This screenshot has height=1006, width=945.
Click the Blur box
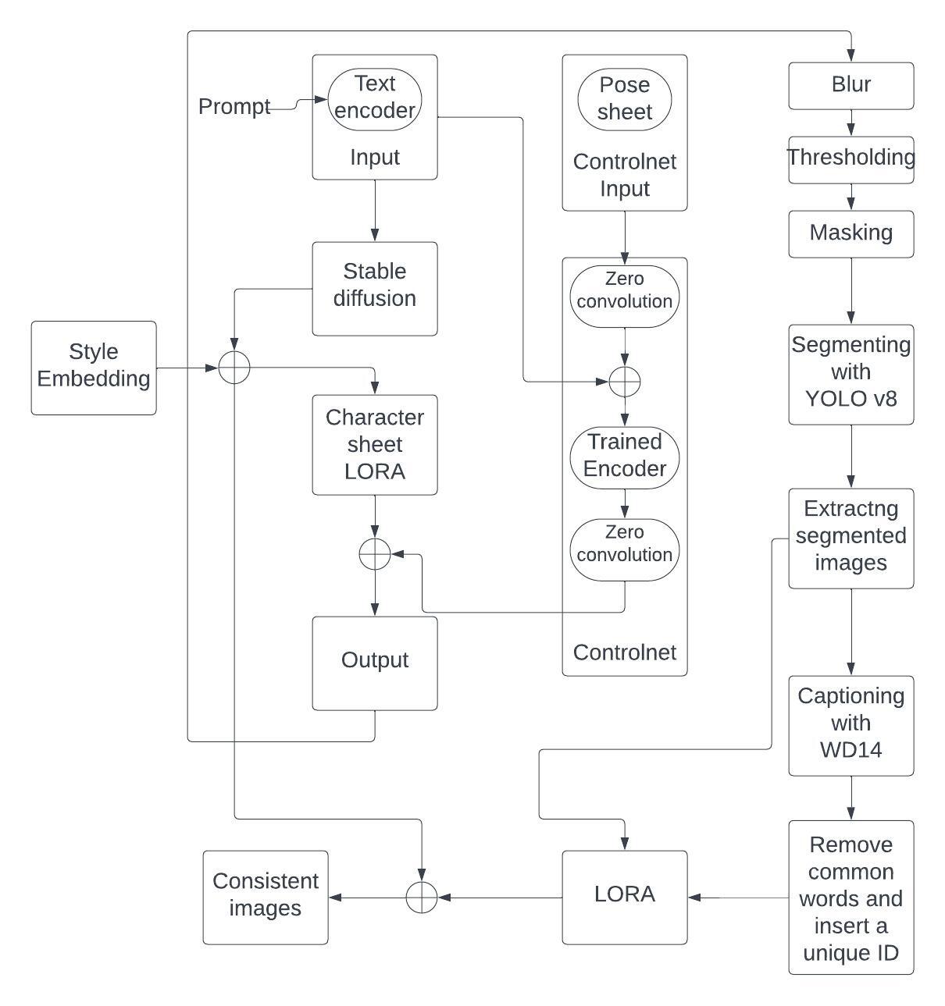(x=850, y=86)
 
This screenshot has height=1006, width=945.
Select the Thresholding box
(x=850, y=159)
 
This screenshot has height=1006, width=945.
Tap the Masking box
(x=850, y=233)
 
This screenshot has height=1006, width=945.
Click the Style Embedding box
(x=94, y=367)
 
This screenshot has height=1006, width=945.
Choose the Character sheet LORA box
(x=375, y=444)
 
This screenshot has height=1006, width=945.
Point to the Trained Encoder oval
(x=625, y=457)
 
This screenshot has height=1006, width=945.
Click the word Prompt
(x=234, y=106)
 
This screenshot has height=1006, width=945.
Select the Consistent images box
(x=266, y=897)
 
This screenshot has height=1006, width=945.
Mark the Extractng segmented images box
(x=850, y=538)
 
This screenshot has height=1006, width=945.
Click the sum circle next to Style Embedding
(x=234, y=368)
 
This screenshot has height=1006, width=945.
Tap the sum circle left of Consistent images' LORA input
(x=422, y=898)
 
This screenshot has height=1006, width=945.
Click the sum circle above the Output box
(x=375, y=554)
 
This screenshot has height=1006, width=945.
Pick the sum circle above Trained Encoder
(x=625, y=382)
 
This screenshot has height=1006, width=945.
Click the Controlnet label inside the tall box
(x=625, y=652)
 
